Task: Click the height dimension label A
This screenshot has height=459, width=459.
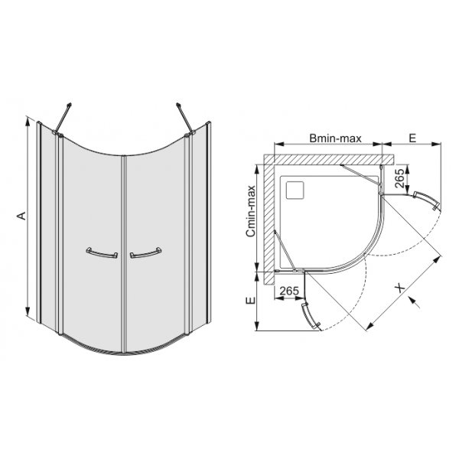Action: (x=21, y=216)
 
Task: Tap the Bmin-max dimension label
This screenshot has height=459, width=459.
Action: (x=336, y=138)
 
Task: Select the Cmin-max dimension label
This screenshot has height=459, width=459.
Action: (x=251, y=211)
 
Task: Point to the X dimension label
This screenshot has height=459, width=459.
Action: (x=399, y=288)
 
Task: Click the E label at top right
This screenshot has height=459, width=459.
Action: (x=412, y=138)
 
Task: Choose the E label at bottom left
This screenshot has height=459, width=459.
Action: (x=251, y=301)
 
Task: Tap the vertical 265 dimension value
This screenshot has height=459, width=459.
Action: (x=399, y=178)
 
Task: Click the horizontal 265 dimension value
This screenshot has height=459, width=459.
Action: (x=289, y=291)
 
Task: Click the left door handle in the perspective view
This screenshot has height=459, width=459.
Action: (x=102, y=253)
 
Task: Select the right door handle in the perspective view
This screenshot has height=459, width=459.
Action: (x=146, y=253)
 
